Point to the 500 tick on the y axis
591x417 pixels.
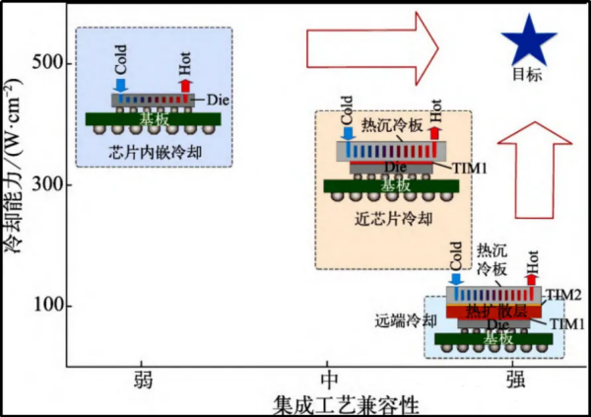click(x=49, y=63)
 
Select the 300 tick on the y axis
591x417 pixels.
click(x=49, y=184)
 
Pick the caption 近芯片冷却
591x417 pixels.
click(x=388, y=220)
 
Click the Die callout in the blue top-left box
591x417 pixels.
click(x=220, y=100)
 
